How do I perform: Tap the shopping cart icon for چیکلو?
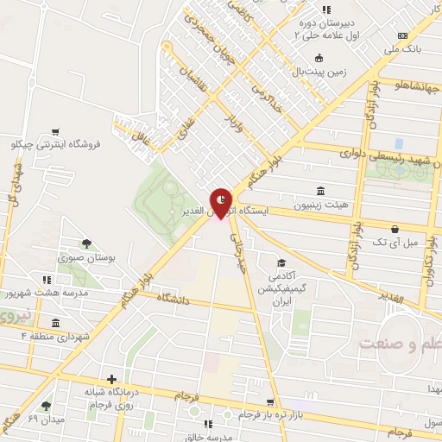click(56, 132)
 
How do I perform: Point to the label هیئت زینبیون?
click(321, 206)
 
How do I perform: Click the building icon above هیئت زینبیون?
click(321, 191)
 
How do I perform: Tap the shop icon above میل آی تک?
click(395, 229)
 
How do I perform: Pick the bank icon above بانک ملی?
click(402, 35)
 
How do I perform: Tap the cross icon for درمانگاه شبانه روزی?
click(110, 379)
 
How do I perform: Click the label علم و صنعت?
click(401, 344)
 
